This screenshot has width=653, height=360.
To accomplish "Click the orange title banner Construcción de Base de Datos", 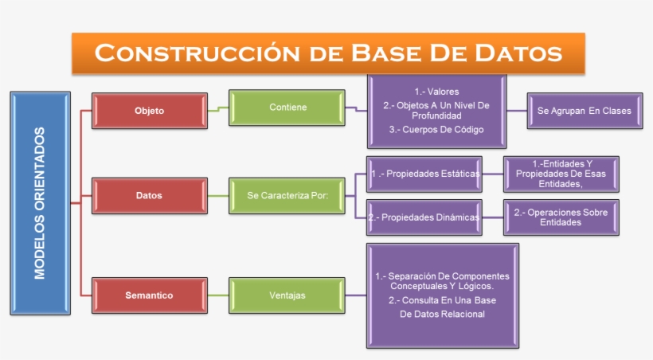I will (x=328, y=53).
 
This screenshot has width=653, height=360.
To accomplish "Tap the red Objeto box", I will (x=149, y=111).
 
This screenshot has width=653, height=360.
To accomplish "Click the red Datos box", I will (x=149, y=196).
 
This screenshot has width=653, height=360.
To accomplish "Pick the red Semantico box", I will (x=149, y=295).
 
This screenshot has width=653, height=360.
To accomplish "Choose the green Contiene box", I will (x=287, y=108).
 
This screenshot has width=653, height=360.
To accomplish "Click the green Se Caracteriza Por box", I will (x=287, y=196).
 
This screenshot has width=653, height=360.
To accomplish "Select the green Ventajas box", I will (x=287, y=295).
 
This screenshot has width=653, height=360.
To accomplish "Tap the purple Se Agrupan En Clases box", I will (x=584, y=111).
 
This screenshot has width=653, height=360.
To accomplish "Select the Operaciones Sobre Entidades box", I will (x=561, y=217).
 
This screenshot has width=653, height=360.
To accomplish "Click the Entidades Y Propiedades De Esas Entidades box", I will (x=561, y=174).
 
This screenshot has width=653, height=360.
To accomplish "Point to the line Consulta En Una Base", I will (x=442, y=300).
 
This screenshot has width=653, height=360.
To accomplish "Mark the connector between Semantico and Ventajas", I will (x=217, y=295).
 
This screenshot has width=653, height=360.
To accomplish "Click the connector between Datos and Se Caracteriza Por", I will (x=217, y=196).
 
